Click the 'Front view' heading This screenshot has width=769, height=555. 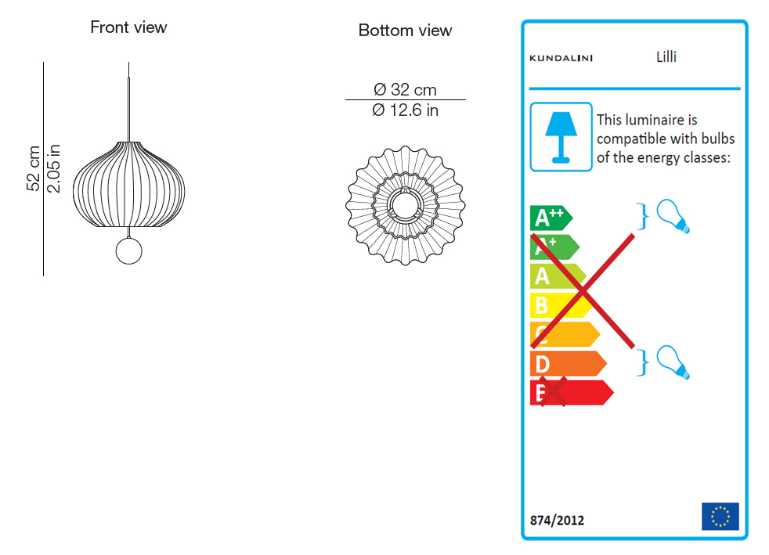128,27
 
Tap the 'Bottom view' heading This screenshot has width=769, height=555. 405,31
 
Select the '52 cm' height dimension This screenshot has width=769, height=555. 34,168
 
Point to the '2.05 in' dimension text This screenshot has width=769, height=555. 53,168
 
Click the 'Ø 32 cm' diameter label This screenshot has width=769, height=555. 405,90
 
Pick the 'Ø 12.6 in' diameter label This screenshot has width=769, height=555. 405,110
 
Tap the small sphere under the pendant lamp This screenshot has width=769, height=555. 129,250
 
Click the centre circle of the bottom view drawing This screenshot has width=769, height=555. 405,204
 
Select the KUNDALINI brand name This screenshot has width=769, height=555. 561,58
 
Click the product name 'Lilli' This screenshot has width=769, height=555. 666,56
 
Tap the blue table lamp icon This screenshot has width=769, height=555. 561,137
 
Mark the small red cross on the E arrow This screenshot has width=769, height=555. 551,391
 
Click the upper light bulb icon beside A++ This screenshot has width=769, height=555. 673,216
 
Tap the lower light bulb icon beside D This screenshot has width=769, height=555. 673,362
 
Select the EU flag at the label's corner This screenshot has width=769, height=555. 720,517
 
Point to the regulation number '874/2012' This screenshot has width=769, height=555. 557,520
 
